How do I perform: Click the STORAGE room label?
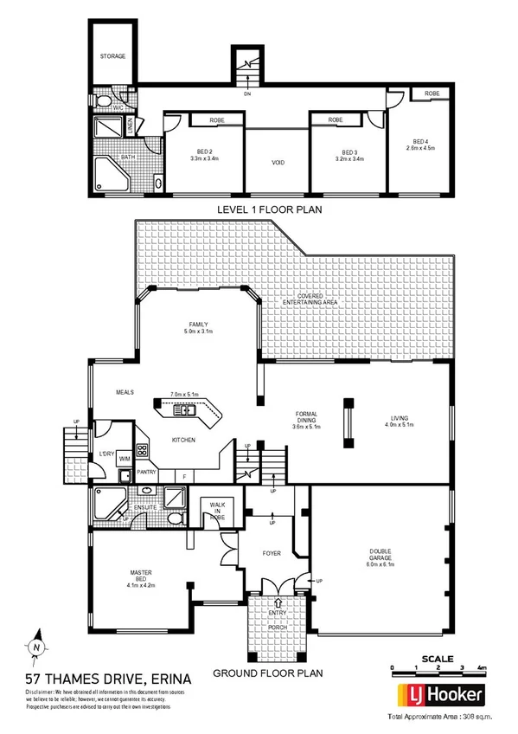click(x=112, y=56)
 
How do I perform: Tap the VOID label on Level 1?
click(x=278, y=163)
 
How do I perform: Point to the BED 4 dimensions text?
click(x=420, y=147)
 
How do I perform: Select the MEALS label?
click(x=126, y=392)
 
